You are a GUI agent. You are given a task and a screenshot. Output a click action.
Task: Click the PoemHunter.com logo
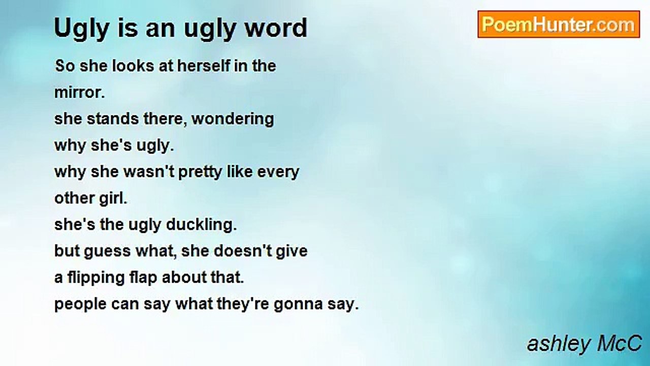(x=559, y=24)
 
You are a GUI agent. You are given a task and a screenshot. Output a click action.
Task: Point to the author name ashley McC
(x=584, y=345)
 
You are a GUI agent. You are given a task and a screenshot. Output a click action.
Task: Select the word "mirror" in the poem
(x=79, y=93)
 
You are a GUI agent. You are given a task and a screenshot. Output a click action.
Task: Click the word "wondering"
(x=233, y=119)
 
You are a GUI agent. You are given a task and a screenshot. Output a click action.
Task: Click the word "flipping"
(x=96, y=278)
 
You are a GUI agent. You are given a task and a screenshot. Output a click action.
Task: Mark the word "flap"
(x=143, y=278)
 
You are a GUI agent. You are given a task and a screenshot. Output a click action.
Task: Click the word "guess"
(x=107, y=252)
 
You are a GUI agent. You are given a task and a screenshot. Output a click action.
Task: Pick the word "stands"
(x=113, y=119)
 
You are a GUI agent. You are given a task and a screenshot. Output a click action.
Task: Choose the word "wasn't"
(x=149, y=171)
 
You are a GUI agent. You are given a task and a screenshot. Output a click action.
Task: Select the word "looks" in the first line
(x=133, y=66)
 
